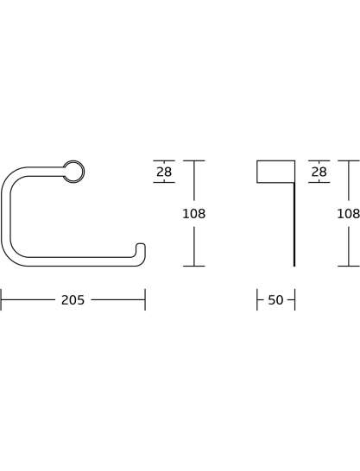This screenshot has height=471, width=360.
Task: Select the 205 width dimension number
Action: click(x=73, y=300)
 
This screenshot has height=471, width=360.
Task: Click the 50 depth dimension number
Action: click(x=275, y=300)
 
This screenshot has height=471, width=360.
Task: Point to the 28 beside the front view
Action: click(x=164, y=172)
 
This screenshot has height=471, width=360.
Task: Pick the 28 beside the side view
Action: click(x=319, y=172)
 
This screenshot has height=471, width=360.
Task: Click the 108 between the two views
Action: click(x=194, y=214)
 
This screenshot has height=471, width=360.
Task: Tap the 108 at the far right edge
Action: click(x=349, y=214)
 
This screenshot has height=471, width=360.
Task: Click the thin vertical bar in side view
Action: click(x=294, y=224)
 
